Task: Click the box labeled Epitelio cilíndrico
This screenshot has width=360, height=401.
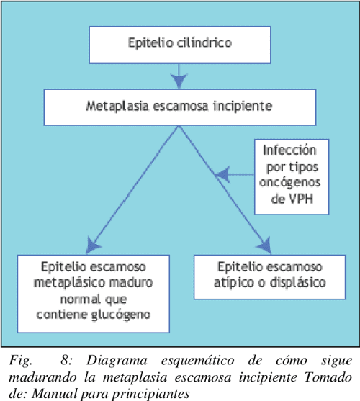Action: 180,45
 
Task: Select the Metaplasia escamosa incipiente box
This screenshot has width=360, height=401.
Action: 180,107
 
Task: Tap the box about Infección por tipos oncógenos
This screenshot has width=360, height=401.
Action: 292,177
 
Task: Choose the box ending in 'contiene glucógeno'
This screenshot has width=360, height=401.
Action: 94,294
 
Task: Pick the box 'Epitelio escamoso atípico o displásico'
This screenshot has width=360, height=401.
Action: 270,277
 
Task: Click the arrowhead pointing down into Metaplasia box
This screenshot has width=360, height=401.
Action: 179,81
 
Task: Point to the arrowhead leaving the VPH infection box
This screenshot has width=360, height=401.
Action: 222,175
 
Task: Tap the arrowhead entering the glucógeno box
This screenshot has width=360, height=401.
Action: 93,245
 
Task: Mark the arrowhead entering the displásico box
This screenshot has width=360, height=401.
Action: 265,245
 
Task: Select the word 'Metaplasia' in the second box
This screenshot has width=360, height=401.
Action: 117,107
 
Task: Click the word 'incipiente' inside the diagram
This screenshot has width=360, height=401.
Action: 243,107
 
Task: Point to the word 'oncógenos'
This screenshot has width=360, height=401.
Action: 289,182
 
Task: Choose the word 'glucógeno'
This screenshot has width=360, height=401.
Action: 121,315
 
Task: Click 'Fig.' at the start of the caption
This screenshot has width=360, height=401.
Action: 21,361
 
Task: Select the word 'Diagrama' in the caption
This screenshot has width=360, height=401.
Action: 117,361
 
